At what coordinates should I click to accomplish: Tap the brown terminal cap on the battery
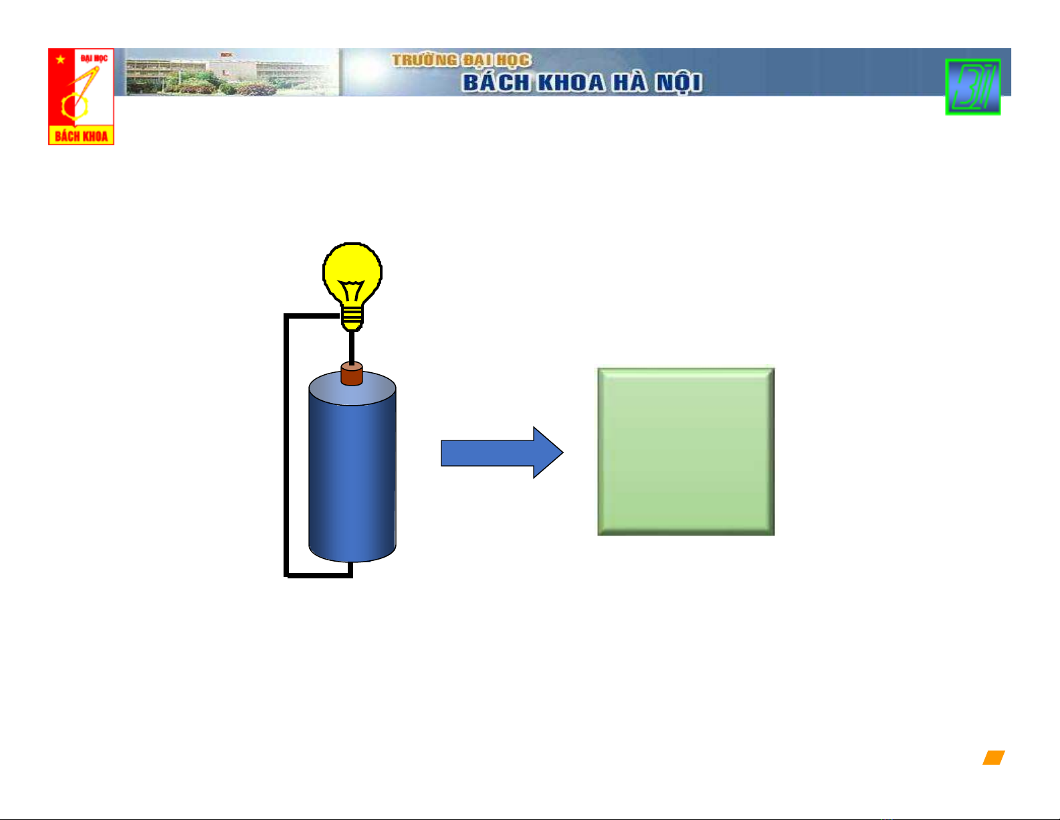pos(352,374)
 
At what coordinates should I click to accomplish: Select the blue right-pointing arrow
pos(502,453)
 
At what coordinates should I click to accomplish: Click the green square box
pos(686,451)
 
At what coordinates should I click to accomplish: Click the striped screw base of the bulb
pos(352,318)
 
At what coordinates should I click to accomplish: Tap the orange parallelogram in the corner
pos(994,758)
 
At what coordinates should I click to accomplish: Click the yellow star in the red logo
pos(60,60)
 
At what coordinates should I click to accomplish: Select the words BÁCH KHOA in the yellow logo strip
pos(81,136)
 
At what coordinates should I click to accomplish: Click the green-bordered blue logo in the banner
pos(972,87)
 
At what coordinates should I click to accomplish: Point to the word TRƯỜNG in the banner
pos(425,60)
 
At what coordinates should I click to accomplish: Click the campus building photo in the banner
pos(232,72)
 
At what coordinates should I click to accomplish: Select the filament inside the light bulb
pos(351,291)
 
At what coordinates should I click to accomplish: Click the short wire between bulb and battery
pos(352,347)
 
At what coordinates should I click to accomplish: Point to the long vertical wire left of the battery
pos(286,445)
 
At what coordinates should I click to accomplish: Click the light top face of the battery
pos(352,389)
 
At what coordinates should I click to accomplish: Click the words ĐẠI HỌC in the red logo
pos(94,59)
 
